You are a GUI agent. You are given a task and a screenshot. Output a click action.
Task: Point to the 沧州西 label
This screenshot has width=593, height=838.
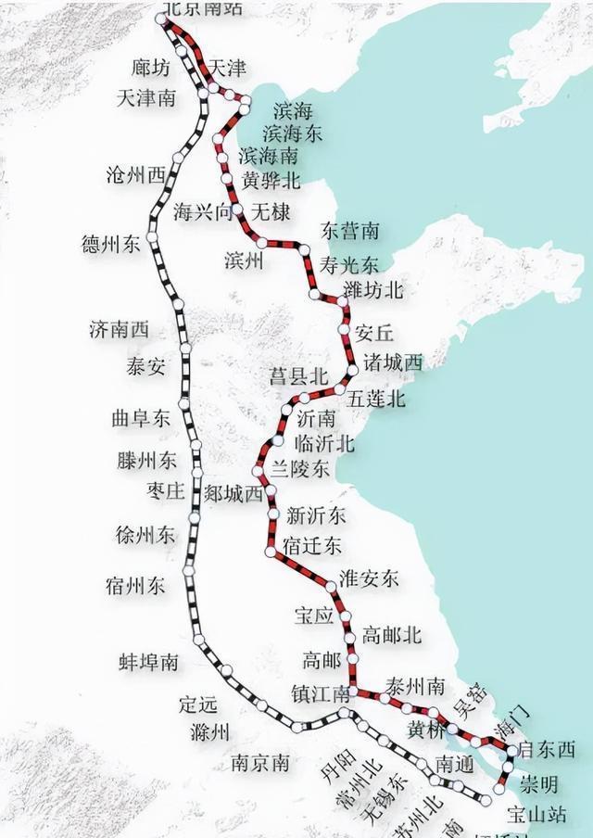136,174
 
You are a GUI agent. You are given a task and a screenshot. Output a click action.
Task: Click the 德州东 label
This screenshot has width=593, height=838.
111,245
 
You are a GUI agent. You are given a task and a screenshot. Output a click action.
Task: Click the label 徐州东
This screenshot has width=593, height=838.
145,535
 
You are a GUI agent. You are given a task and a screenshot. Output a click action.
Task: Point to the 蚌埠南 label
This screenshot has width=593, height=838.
149,662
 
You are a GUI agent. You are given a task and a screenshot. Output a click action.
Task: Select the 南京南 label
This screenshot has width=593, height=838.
260,764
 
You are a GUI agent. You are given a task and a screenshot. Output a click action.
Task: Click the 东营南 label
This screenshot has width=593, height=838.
349,229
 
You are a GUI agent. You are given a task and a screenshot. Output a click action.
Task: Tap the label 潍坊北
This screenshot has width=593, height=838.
372,290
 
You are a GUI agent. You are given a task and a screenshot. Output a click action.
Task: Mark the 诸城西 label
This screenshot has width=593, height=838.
393,362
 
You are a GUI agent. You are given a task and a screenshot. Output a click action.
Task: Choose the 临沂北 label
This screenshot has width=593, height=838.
322,443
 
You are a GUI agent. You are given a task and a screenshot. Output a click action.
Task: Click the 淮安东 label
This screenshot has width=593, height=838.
369,578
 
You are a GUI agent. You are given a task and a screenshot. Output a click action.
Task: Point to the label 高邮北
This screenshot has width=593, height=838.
391,635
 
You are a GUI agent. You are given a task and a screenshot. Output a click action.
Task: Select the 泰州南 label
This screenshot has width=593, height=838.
414,686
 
